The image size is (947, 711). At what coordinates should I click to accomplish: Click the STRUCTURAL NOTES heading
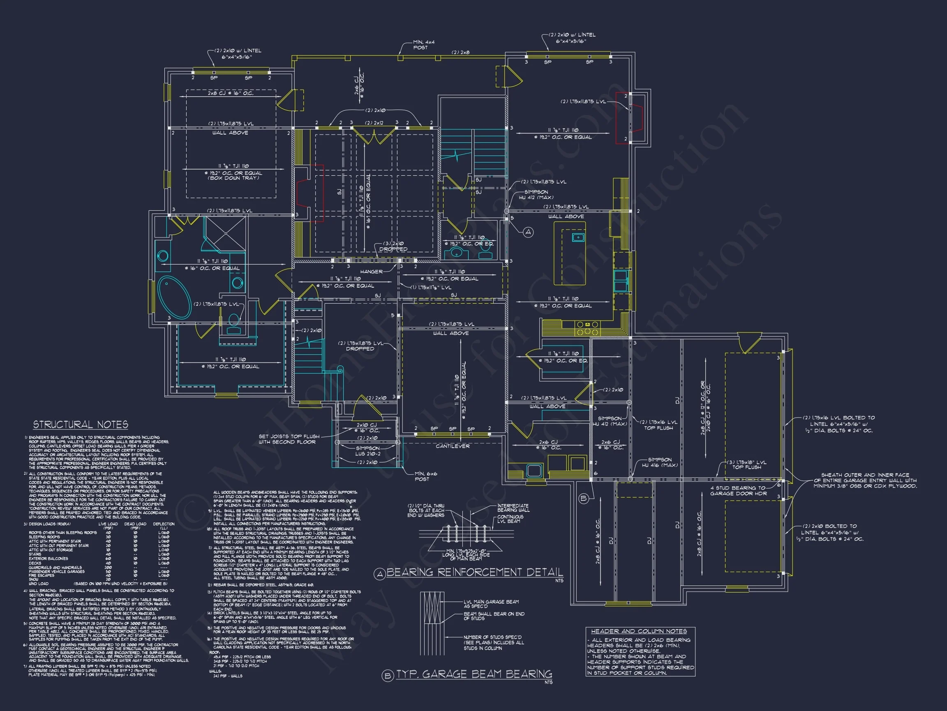point(81,424)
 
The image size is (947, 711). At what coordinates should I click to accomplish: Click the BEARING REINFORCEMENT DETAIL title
point(474,572)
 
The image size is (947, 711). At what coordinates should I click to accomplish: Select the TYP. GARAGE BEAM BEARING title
point(474,674)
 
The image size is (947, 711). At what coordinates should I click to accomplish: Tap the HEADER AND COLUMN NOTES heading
point(639,631)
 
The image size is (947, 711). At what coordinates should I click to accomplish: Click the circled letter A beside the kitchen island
point(528,232)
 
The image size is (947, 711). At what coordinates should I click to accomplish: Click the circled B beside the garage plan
point(583,498)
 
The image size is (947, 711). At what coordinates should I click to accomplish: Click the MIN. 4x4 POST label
point(423,45)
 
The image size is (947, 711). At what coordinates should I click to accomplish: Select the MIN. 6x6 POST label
point(425,476)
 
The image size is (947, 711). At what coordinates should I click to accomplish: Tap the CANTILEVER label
point(453,446)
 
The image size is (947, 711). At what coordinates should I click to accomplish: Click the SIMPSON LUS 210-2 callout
point(367,451)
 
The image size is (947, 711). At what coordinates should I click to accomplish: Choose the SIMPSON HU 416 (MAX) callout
point(659,462)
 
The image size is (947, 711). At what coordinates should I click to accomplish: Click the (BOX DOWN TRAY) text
point(233,178)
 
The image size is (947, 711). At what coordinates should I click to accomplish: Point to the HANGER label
point(371,272)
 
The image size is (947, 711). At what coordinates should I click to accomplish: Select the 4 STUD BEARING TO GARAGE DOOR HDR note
point(738,490)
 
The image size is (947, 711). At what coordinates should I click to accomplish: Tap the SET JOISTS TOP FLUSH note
point(289,439)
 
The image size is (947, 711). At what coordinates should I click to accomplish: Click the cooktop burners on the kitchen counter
point(587,329)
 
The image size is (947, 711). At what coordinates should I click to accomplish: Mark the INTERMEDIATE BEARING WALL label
point(513,508)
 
